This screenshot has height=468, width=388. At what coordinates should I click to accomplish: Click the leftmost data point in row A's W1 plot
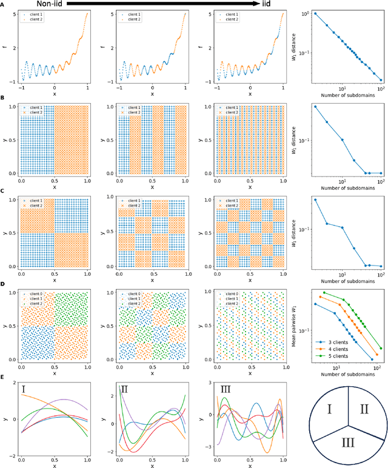[x=315, y=13]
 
